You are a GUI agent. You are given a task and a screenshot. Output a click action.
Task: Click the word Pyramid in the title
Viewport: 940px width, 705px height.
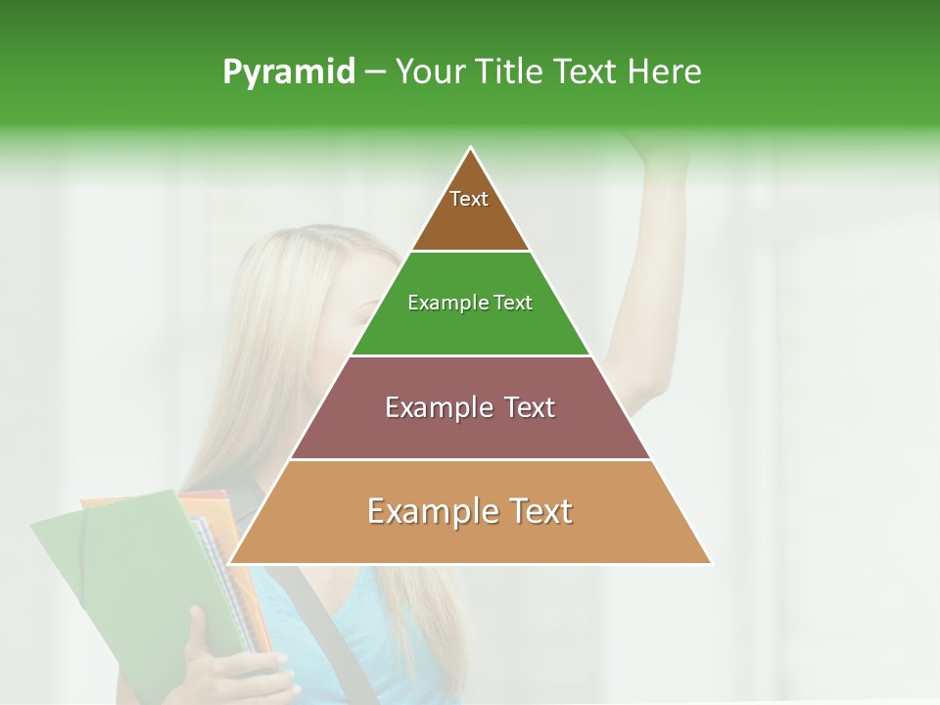point(288,72)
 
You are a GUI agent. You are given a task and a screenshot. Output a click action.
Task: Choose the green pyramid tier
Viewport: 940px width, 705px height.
point(470,323)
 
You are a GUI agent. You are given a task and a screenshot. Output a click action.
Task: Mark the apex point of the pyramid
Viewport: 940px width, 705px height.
point(471,148)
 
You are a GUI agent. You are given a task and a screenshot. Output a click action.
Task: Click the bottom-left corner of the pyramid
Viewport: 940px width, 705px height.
point(230,563)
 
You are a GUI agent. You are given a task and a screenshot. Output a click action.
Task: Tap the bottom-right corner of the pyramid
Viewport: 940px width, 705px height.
point(711,563)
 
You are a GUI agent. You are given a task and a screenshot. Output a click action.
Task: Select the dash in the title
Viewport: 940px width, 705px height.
point(375,72)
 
